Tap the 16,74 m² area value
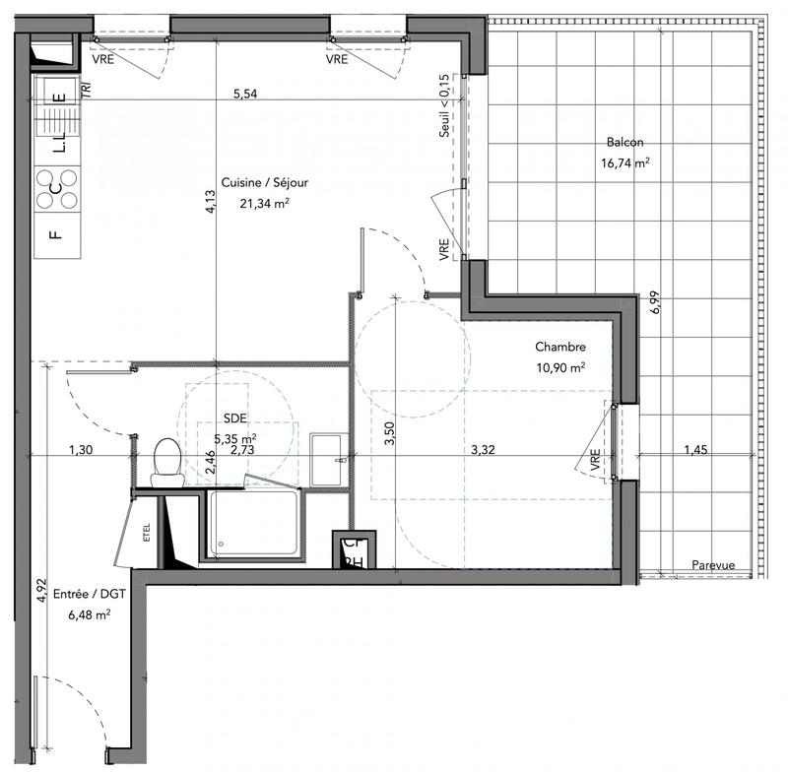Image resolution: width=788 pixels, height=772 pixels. [625, 163]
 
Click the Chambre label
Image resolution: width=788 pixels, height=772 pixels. [560, 347]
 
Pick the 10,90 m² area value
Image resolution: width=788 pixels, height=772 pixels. [560, 367]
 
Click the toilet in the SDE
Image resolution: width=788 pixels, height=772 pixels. [166, 461]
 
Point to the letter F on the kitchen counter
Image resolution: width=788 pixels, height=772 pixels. [56, 235]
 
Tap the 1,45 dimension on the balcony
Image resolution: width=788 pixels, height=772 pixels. [700, 450]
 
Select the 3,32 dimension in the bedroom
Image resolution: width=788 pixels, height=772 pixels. [483, 450]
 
